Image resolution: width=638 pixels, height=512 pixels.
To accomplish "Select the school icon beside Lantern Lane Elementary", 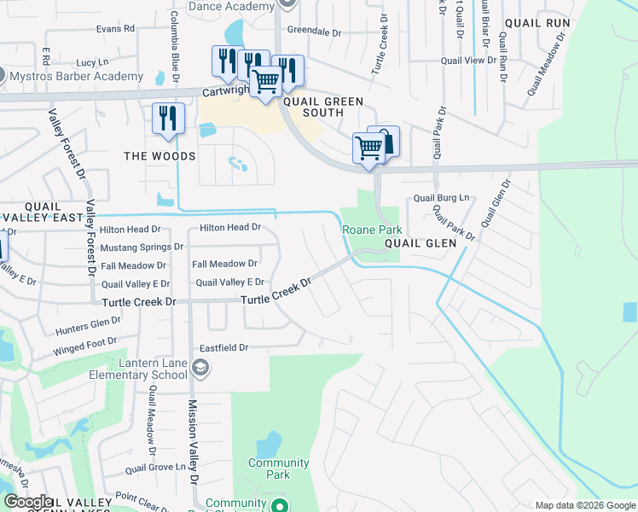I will pyautogui.click(x=200, y=369).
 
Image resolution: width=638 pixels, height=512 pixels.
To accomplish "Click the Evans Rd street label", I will pyautogui.click(x=116, y=28).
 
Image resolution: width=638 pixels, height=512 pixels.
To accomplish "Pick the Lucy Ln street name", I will pyautogui.click(x=92, y=62).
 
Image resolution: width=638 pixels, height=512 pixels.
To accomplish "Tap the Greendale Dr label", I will pyautogui.click(x=314, y=31).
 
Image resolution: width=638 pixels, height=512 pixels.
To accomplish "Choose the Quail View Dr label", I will pyautogui.click(x=468, y=61).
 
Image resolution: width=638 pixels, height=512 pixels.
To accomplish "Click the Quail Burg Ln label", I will pyautogui.click(x=442, y=198).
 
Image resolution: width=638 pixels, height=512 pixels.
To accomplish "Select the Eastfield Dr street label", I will pyautogui.click(x=223, y=347).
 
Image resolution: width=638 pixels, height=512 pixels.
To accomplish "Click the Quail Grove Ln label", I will pyautogui.click(x=155, y=468).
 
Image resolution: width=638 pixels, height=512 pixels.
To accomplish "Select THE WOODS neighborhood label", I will pyautogui.click(x=159, y=156).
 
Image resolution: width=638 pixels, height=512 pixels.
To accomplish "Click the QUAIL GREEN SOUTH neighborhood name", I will pyautogui.click(x=323, y=107).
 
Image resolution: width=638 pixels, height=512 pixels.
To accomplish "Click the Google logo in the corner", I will pyautogui.click(x=28, y=503).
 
